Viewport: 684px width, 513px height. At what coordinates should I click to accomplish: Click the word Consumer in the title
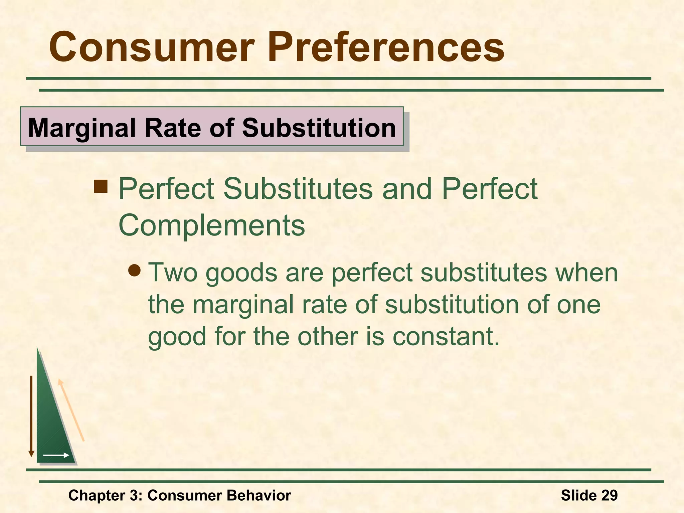[x=152, y=47]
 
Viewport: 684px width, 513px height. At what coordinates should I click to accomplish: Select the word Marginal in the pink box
[x=82, y=128]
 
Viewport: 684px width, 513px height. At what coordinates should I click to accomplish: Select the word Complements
[x=212, y=225]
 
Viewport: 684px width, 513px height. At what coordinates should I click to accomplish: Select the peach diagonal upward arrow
[x=71, y=410]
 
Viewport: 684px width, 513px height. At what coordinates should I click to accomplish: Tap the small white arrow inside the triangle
[x=56, y=455]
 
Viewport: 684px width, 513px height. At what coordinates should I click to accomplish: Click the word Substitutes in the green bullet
[x=298, y=189]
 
